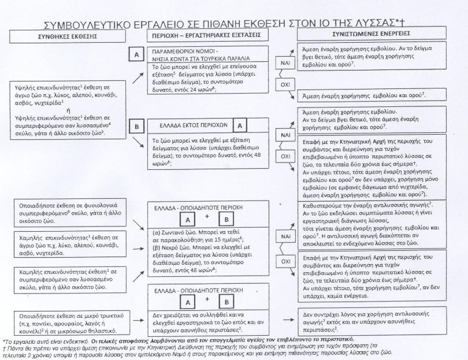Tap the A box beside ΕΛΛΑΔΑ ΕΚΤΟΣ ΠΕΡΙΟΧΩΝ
[x=242, y=124]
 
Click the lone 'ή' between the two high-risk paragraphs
[x=69, y=109]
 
